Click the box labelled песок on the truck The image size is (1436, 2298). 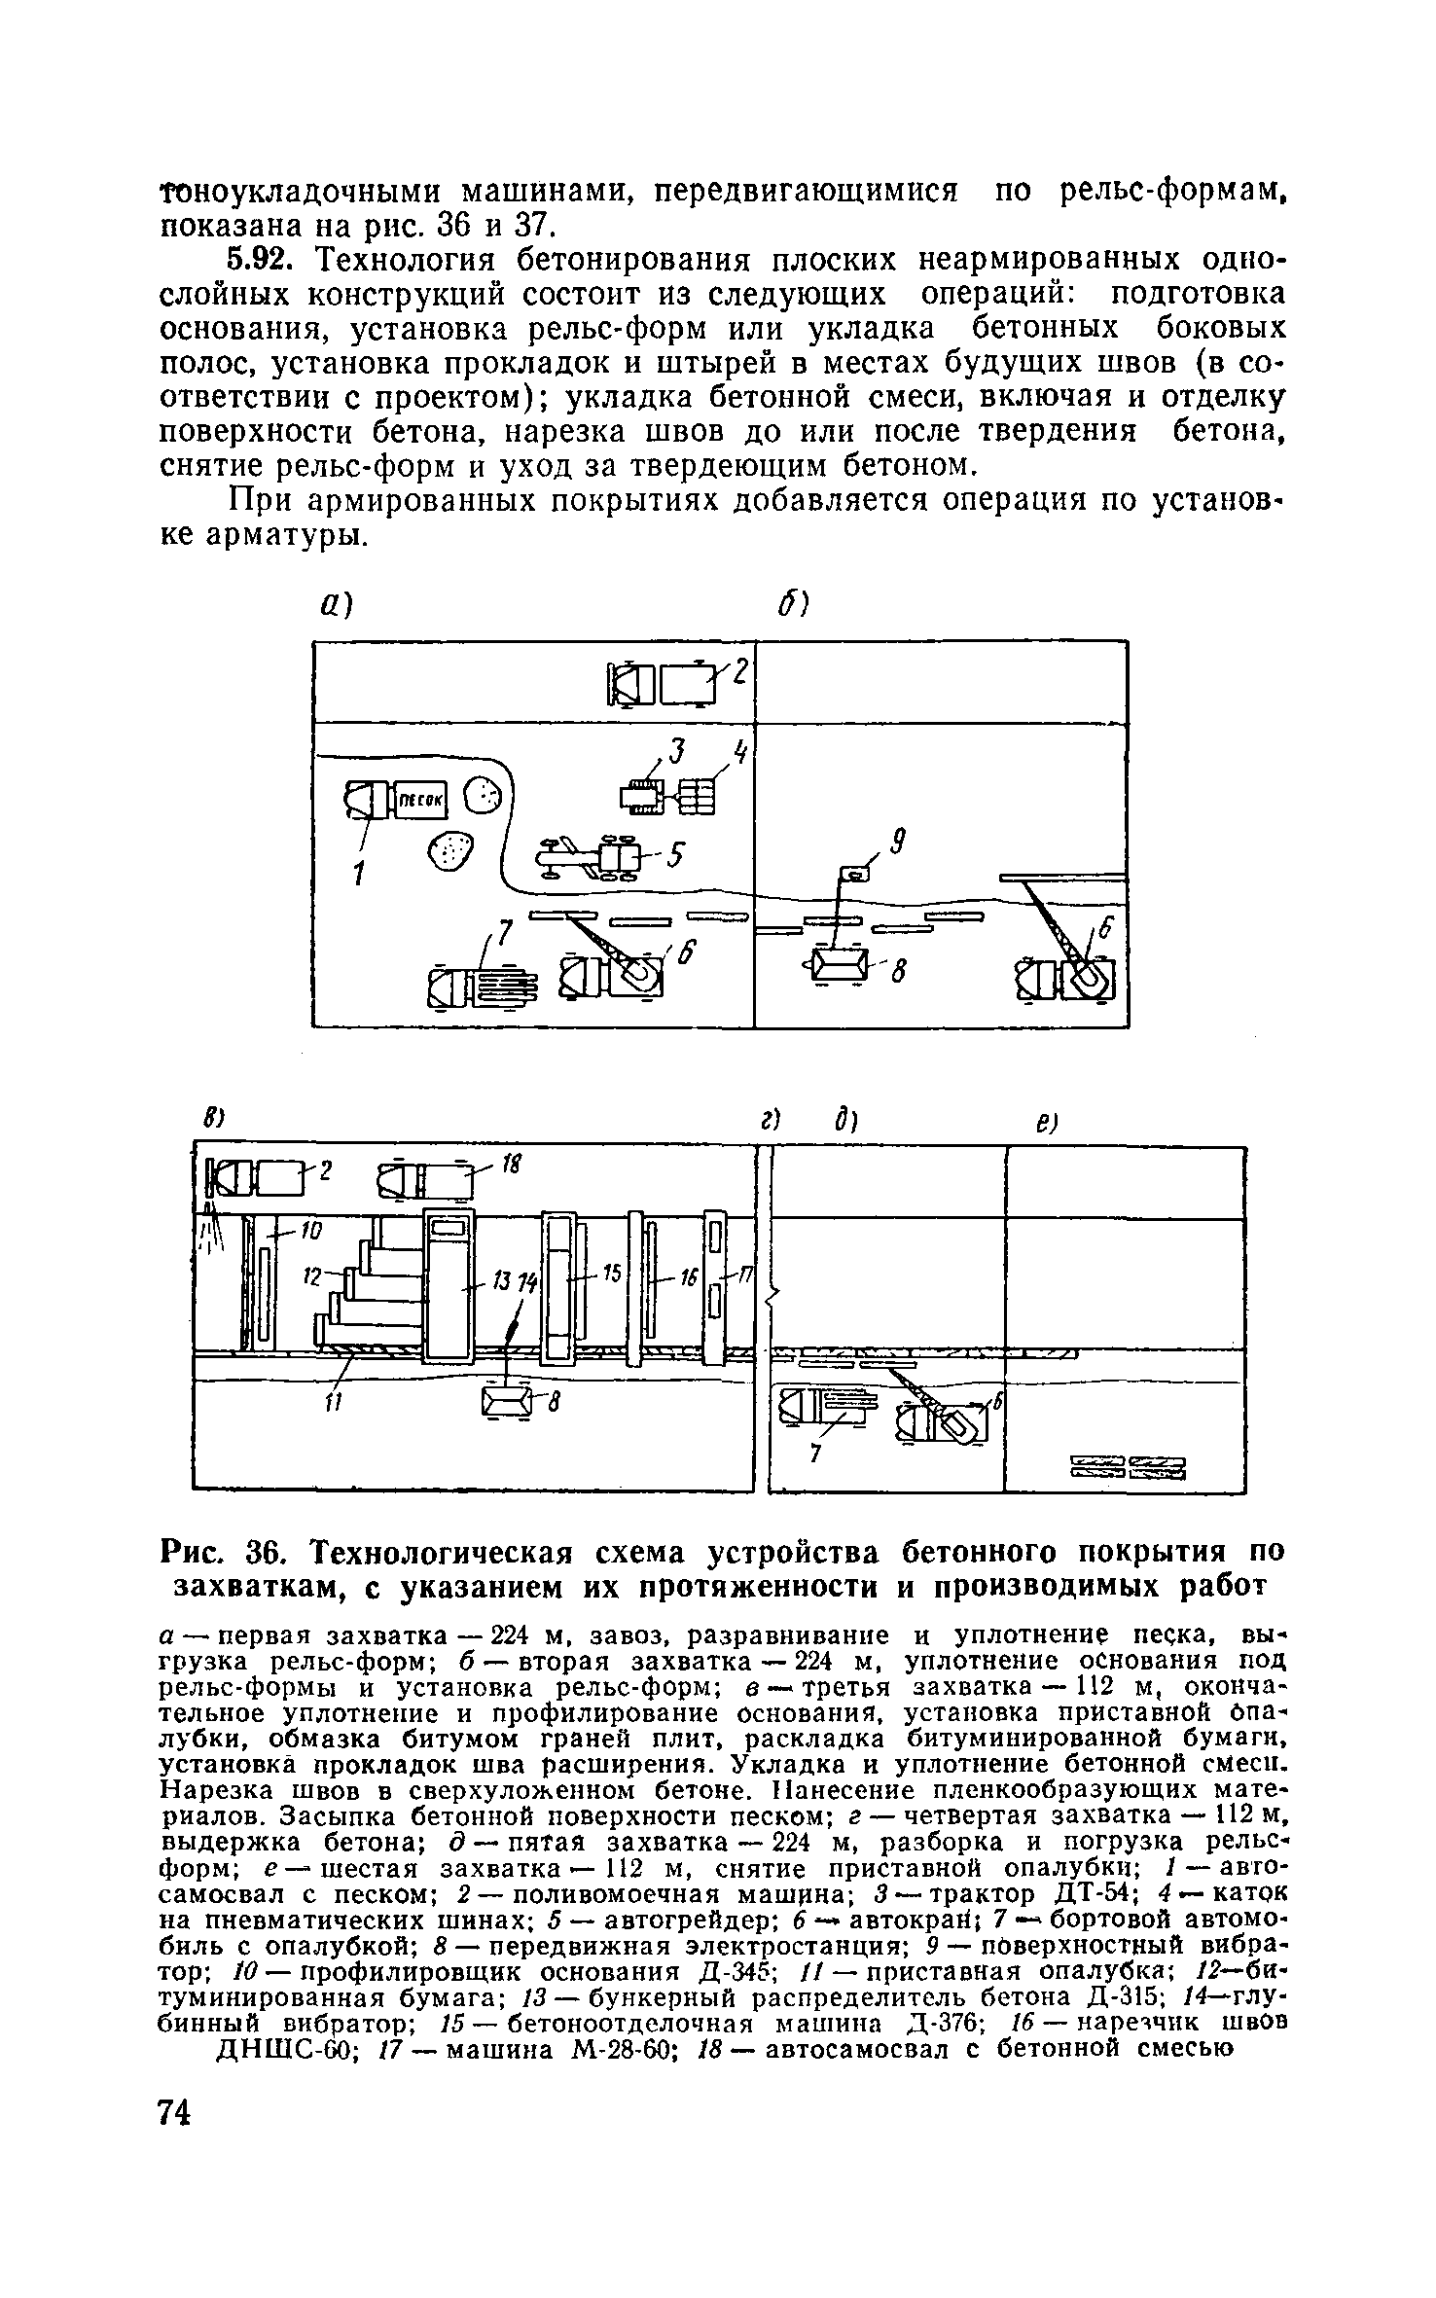click(419, 800)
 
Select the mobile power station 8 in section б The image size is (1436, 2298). click(836, 965)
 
